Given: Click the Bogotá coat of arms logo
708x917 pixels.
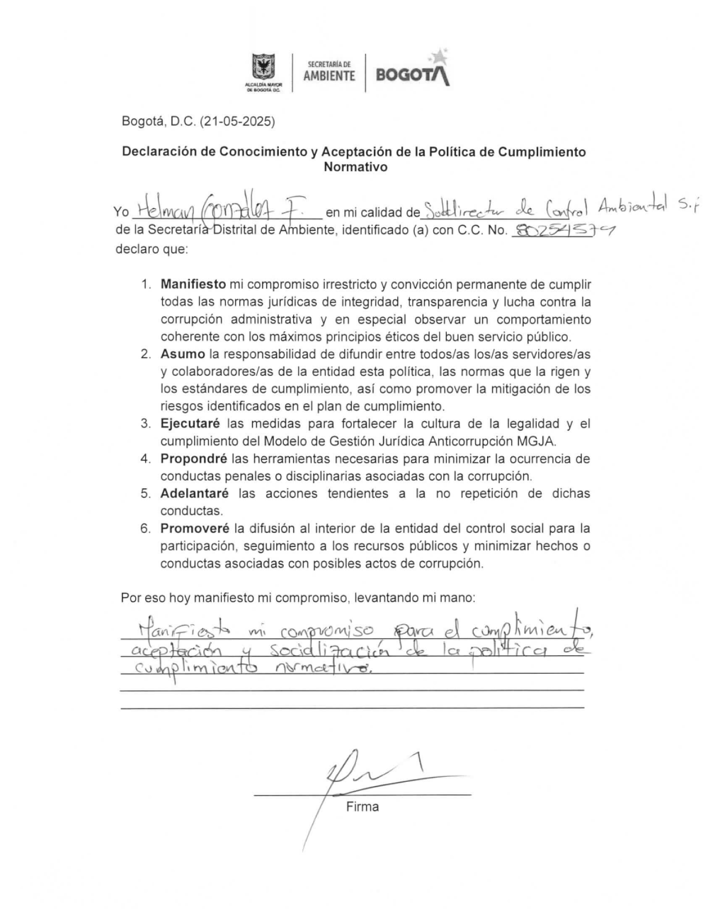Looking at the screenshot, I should point(263,69).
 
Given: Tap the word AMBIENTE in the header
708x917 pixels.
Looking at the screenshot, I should point(329,76).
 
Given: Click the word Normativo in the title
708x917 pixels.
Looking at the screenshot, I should point(355,168).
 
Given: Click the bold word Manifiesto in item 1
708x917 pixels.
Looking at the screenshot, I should point(193,285).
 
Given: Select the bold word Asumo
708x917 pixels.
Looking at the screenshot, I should point(183,354).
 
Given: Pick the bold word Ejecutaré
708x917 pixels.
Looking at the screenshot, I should point(190,424).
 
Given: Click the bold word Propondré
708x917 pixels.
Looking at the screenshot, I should point(193,458).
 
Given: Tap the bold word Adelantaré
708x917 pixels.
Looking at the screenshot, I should point(194,493).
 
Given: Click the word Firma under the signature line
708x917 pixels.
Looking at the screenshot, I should point(362,807).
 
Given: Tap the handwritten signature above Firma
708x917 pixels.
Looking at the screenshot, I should point(368,771).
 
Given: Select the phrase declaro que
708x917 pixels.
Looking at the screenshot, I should point(152,248).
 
